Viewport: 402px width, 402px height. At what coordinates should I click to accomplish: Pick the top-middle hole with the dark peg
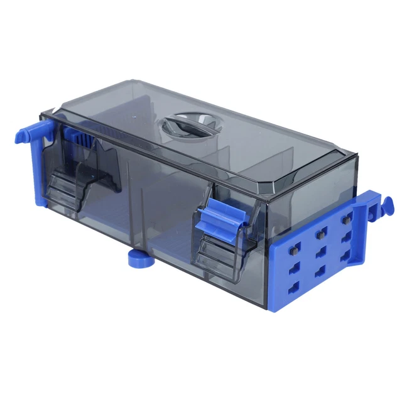[320, 234]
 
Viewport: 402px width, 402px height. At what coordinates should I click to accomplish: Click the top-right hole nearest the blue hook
[346, 220]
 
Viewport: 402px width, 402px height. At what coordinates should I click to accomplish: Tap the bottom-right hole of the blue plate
[345, 257]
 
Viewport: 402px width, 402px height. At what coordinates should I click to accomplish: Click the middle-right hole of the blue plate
[345, 239]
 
